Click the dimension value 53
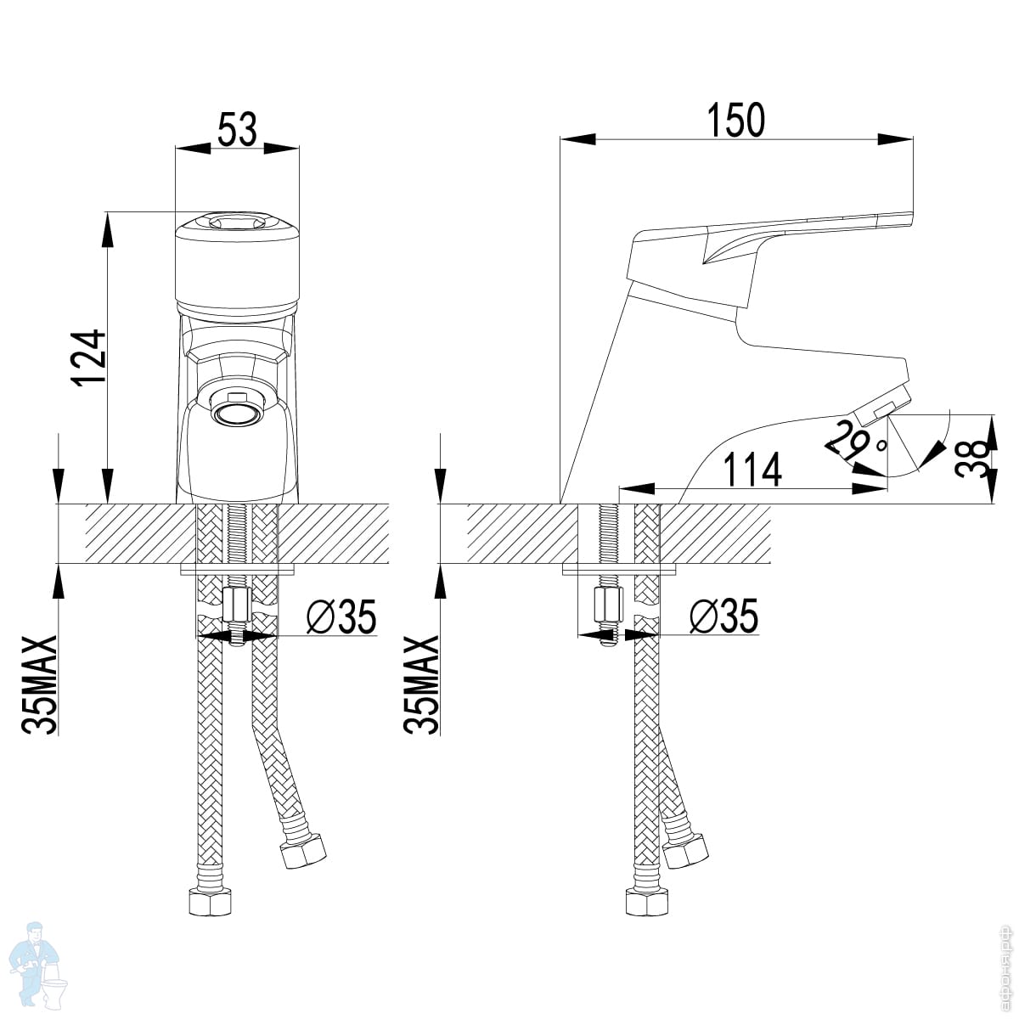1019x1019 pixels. pyautogui.click(x=237, y=132)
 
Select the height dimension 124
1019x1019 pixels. pyautogui.click(x=89, y=357)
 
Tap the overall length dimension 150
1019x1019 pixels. pyautogui.click(x=735, y=120)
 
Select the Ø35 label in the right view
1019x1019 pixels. pyautogui.click(x=723, y=617)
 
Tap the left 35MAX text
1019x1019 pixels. pyautogui.click(x=40, y=684)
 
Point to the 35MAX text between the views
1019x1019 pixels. pyautogui.click(x=422, y=684)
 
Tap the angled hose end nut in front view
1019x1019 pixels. pyautogui.click(x=303, y=850)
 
